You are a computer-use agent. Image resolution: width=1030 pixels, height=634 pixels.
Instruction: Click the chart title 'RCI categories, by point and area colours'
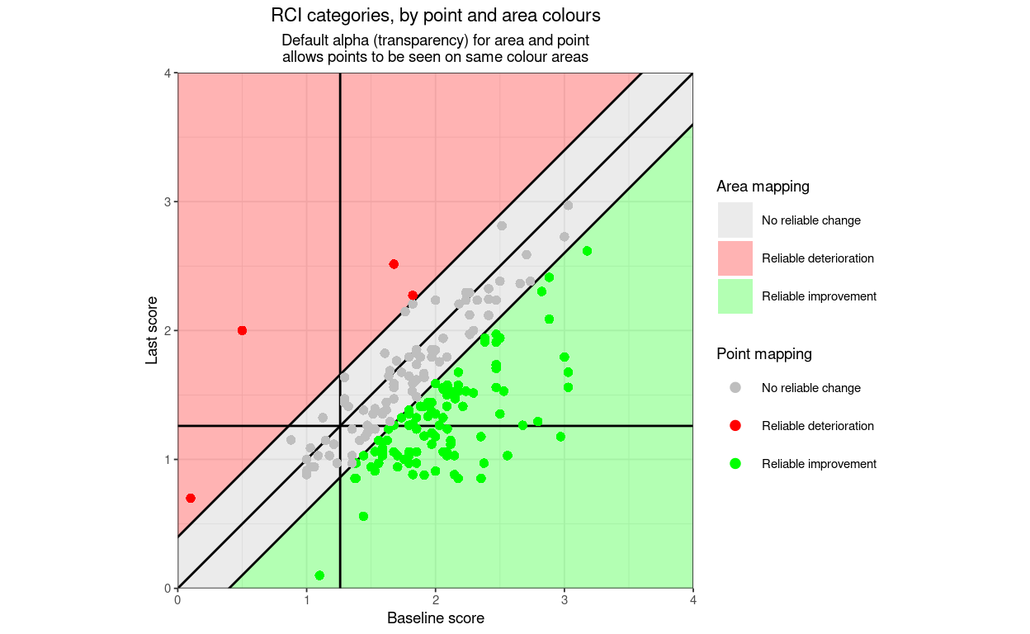[435, 16]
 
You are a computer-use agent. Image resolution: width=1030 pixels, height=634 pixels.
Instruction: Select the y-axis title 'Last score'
[152, 330]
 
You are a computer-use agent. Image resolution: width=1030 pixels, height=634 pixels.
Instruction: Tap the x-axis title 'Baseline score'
[435, 618]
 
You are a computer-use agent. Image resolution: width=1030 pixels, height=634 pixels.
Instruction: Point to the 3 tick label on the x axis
[564, 600]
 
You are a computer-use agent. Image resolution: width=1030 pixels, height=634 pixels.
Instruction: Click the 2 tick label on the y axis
[168, 330]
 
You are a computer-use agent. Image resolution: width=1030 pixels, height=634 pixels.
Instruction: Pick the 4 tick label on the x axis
[692, 600]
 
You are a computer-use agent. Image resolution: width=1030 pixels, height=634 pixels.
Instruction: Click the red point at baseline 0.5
[242, 330]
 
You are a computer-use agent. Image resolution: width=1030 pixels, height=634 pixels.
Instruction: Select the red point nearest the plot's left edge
[191, 498]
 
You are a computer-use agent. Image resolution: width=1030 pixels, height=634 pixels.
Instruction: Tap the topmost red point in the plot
[394, 264]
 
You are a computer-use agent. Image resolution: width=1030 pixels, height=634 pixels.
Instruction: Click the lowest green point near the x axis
[319, 575]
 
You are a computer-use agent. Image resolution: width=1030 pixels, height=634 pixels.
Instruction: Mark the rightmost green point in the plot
[587, 251]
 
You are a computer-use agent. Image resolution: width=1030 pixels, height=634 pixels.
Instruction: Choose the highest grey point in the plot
[567, 205]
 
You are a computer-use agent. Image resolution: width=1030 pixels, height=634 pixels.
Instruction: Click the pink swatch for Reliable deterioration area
[735, 258]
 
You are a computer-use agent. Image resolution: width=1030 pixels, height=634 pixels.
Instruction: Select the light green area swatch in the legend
[735, 296]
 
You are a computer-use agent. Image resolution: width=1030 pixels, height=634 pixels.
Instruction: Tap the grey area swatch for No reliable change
[735, 220]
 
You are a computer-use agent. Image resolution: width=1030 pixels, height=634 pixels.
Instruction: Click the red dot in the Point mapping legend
[735, 426]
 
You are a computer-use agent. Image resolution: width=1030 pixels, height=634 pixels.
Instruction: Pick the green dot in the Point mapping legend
[735, 464]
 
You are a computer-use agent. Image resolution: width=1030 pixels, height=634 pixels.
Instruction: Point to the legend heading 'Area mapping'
[763, 187]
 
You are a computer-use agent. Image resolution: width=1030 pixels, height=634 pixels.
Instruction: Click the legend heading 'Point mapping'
[763, 354]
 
